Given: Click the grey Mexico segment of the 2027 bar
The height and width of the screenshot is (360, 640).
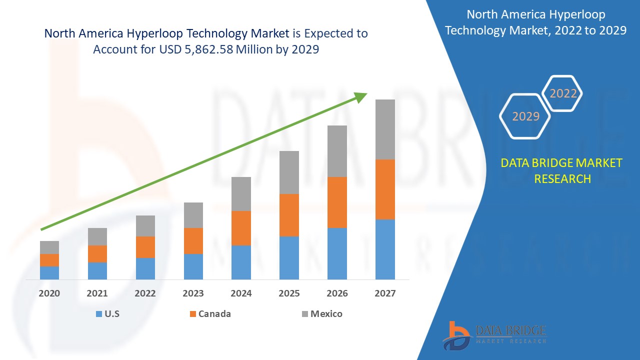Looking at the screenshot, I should click(385, 129).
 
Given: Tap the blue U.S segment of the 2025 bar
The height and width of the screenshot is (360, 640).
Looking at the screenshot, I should click(289, 257).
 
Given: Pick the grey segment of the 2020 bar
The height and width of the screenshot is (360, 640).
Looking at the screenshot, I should click(49, 247).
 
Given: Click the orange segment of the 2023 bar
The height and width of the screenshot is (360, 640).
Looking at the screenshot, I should click(193, 241).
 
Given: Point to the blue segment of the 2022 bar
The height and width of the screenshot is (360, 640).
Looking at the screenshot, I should click(145, 268).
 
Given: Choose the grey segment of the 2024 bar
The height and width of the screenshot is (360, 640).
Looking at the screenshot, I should click(241, 194).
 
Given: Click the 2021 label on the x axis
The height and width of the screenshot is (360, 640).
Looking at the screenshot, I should click(97, 293).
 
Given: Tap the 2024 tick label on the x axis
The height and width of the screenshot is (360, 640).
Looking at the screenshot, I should click(241, 293).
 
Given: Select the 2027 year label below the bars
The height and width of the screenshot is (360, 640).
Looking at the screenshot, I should click(385, 293).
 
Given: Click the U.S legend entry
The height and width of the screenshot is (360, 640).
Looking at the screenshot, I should click(107, 314).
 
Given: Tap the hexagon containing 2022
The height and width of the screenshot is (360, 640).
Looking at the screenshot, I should click(563, 93).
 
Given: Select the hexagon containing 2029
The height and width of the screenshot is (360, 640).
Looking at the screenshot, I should click(525, 116).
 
